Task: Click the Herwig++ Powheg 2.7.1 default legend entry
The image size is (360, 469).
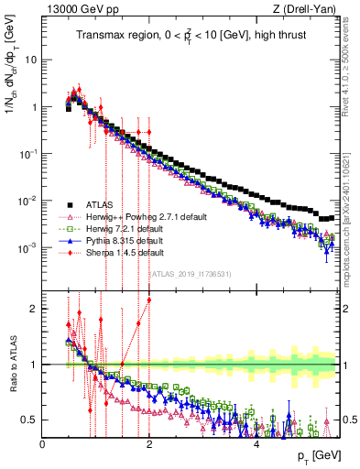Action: (138, 216)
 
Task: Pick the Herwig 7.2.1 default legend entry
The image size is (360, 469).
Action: (125, 228)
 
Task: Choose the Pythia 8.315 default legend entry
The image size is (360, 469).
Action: (125, 240)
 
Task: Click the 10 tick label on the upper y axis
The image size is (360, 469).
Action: (30, 60)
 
